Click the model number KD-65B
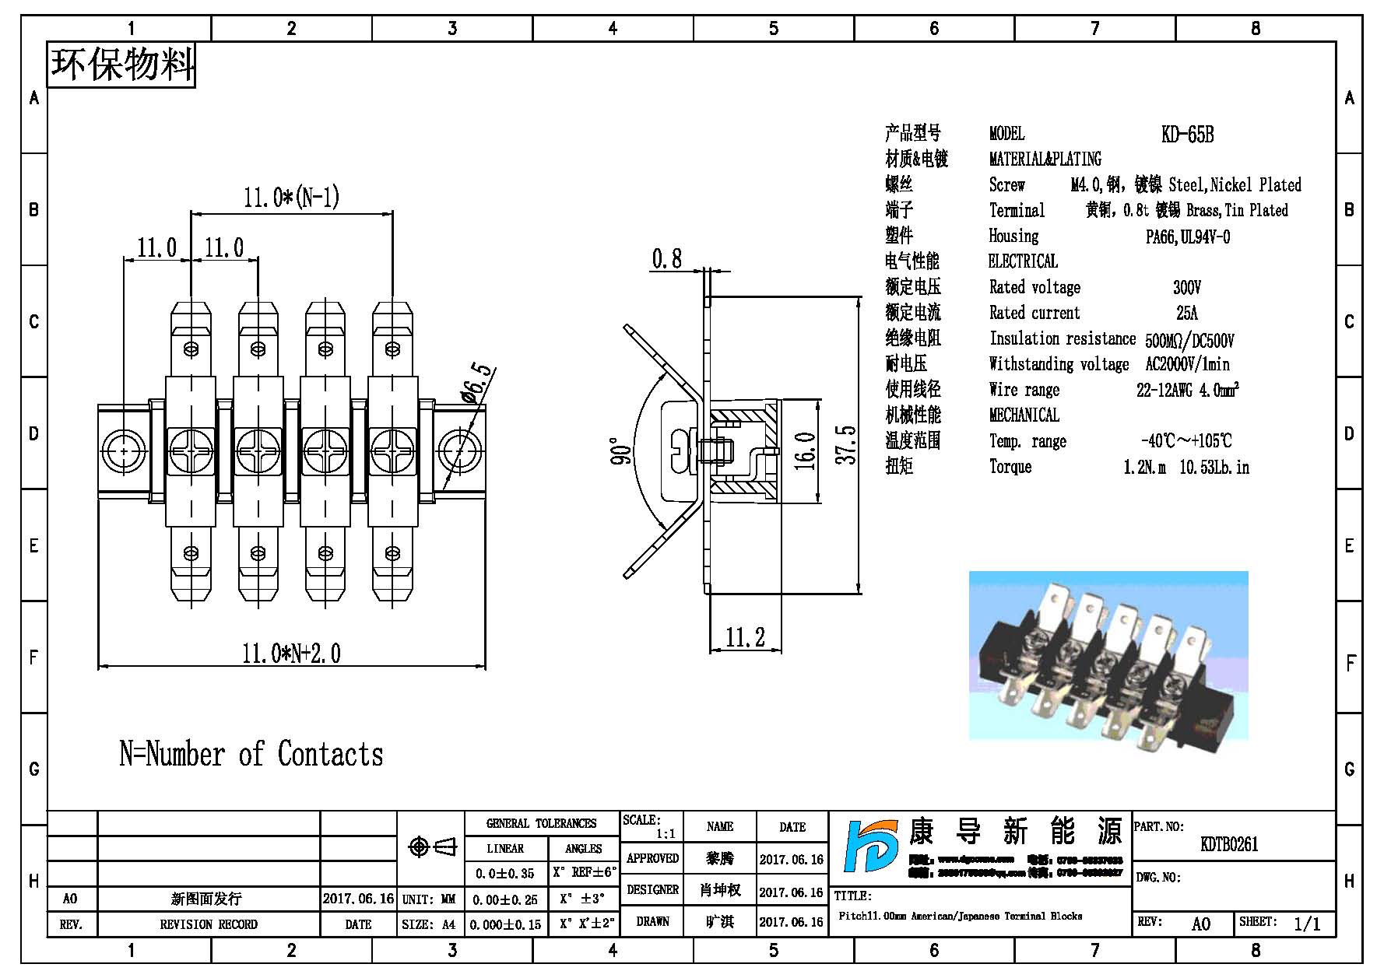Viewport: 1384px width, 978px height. pyautogui.click(x=1187, y=135)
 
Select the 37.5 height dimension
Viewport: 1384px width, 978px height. pyautogui.click(x=846, y=444)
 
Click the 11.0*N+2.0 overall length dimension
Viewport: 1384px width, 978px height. pyautogui.click(x=291, y=653)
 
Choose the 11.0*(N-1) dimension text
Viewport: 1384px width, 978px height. pyautogui.click(x=291, y=197)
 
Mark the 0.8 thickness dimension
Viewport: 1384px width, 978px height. pyautogui.click(x=667, y=258)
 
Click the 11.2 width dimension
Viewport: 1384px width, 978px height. pyautogui.click(x=745, y=638)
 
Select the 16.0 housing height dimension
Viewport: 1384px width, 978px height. pyautogui.click(x=805, y=451)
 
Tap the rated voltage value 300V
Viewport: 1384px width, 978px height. pyautogui.click(x=1187, y=288)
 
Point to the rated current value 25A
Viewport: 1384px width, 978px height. pyautogui.click(x=1187, y=314)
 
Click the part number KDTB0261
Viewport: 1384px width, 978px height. pyautogui.click(x=1229, y=844)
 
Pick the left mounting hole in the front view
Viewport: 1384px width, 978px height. pyautogui.click(x=124, y=450)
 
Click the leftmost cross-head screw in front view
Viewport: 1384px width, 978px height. pyautogui.click(x=191, y=450)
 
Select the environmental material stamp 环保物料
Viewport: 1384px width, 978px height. pyautogui.click(x=121, y=65)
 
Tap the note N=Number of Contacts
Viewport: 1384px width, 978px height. pyautogui.click(x=251, y=754)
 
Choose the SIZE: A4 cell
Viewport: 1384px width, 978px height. pyautogui.click(x=429, y=924)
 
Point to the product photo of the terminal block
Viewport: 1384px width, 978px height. pyautogui.click(x=1108, y=655)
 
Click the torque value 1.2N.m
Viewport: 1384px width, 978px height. pyautogui.click(x=1144, y=468)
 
